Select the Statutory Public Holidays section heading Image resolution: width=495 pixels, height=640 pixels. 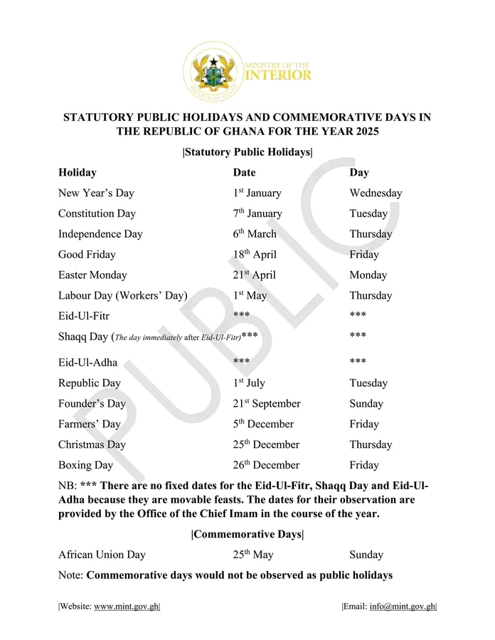tap(247, 152)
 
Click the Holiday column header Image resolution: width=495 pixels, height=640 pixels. tap(78, 173)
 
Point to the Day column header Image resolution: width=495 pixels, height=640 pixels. tap(359, 173)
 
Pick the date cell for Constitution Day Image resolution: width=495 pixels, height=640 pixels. tap(257, 213)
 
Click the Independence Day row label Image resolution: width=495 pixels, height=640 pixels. tap(100, 234)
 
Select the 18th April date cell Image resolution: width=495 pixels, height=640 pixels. tap(255, 255)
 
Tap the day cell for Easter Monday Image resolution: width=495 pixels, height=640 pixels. tap(368, 275)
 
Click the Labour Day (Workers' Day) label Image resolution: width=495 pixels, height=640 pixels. tap(123, 296)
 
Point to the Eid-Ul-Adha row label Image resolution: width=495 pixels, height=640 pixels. tap(88, 362)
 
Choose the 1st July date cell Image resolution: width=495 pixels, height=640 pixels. tap(249, 383)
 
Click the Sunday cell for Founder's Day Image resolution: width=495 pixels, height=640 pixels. tap(366, 403)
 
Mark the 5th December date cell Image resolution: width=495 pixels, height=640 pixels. tap(263, 424)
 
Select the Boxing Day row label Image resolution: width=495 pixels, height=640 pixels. tap(85, 465)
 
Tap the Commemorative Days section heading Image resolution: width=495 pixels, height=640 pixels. tap(247, 534)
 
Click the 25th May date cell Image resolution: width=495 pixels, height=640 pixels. tap(252, 555)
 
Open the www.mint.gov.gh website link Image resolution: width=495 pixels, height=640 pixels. tap(127, 607)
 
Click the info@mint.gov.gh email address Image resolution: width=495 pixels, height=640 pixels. tap(402, 607)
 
